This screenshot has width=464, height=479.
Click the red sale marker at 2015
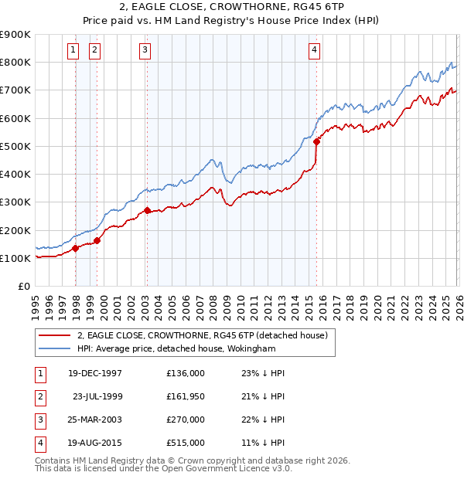pos(316,141)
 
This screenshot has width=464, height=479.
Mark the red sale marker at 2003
pos(147,210)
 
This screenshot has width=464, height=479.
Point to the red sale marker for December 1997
pos(76,248)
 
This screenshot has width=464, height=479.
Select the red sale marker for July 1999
pos(97,240)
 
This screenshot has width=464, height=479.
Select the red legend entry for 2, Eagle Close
pos(203,335)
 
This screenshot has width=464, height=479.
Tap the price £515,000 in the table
pos(186,443)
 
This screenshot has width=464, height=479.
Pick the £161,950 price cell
pos(186,396)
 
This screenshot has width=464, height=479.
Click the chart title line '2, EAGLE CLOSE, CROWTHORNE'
pos(232,8)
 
